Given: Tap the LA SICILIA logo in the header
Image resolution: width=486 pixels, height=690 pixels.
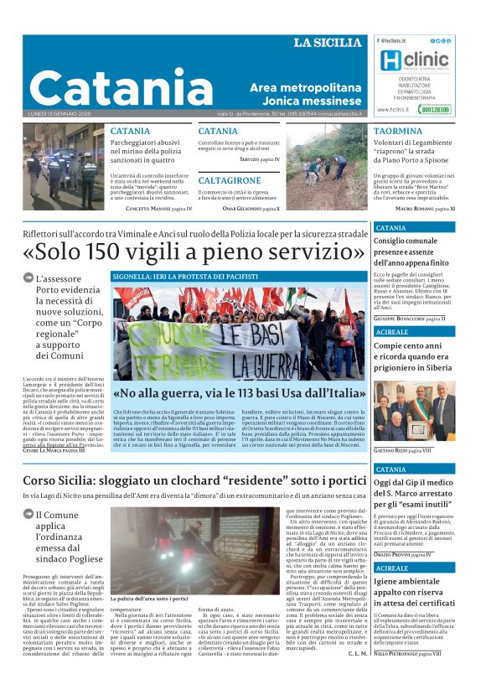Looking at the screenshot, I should tap(328, 43).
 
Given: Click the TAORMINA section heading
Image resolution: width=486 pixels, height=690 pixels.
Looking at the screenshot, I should tap(398, 132).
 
